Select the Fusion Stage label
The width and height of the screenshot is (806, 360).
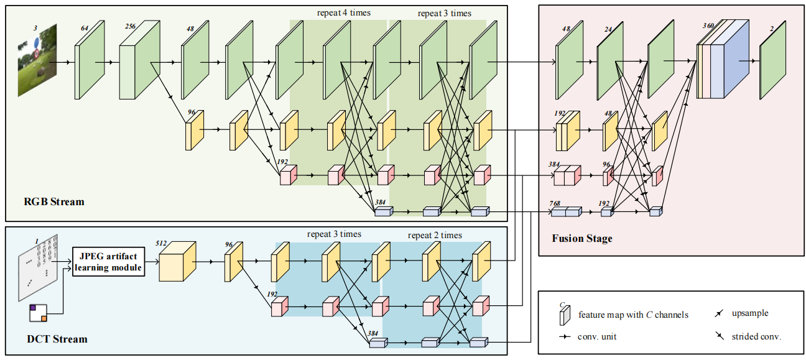tap(581, 238)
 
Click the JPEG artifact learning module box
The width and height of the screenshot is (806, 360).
tap(109, 262)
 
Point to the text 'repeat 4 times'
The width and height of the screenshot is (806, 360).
tap(343, 12)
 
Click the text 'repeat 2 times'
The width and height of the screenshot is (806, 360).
tap(435, 235)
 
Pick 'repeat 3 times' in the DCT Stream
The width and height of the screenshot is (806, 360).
tap(333, 234)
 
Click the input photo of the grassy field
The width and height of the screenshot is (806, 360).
tap(42, 57)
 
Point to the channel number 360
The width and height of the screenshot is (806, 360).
tap(708, 26)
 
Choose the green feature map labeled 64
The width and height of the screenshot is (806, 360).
tap(86, 63)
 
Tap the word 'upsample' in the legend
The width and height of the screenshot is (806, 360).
tap(750, 314)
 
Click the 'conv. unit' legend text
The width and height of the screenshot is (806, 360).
tap(597, 336)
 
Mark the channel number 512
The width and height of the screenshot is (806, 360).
tap(162, 244)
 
